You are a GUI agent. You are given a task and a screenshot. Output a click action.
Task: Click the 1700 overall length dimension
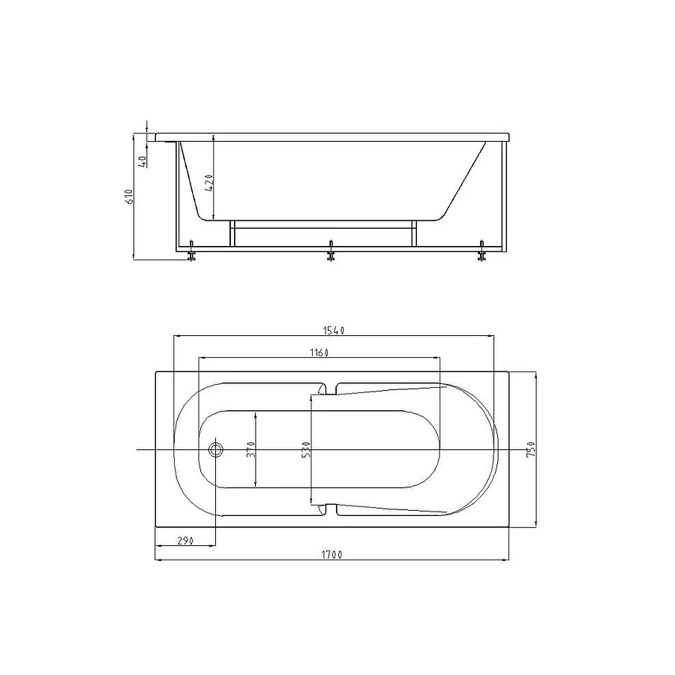tap(332, 554)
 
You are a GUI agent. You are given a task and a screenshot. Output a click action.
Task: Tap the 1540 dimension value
tap(334, 330)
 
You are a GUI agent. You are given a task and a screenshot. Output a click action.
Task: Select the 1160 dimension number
tap(319, 352)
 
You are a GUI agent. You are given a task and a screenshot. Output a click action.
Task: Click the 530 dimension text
tap(306, 449)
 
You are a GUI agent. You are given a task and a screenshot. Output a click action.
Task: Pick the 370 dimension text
tap(251, 449)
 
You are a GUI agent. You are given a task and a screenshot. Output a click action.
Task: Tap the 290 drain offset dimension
tap(185, 541)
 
